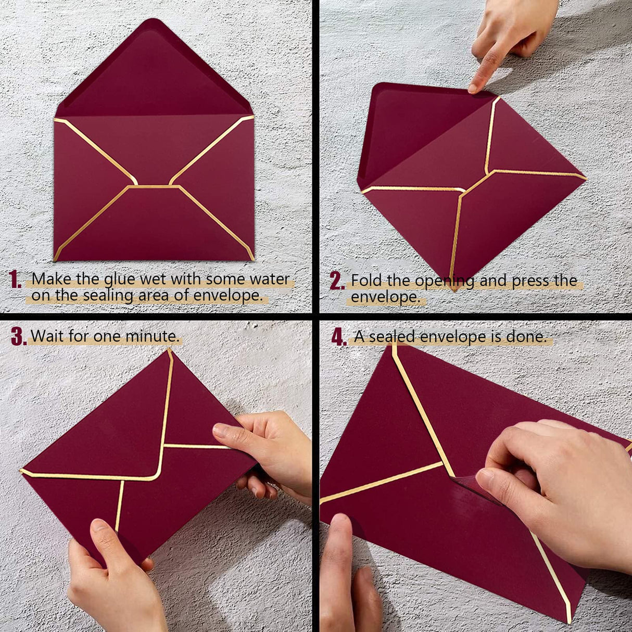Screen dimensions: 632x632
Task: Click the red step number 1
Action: click(x=15, y=280)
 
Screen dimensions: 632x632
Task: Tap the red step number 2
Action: click(x=337, y=281)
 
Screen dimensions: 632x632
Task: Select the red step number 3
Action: click(x=18, y=337)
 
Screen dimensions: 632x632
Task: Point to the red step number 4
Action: click(x=339, y=337)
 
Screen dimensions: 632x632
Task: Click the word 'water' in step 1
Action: click(x=269, y=279)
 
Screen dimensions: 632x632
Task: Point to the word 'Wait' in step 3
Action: click(x=47, y=336)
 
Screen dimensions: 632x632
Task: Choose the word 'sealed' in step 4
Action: click(x=393, y=337)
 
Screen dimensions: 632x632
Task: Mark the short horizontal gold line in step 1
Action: click(x=154, y=186)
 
